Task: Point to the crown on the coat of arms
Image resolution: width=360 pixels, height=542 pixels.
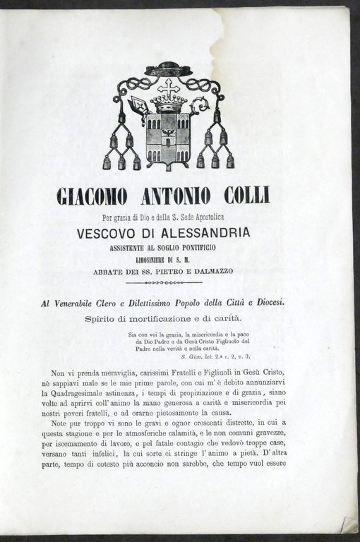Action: [169, 104]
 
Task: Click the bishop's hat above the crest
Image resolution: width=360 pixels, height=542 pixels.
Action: [168, 70]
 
